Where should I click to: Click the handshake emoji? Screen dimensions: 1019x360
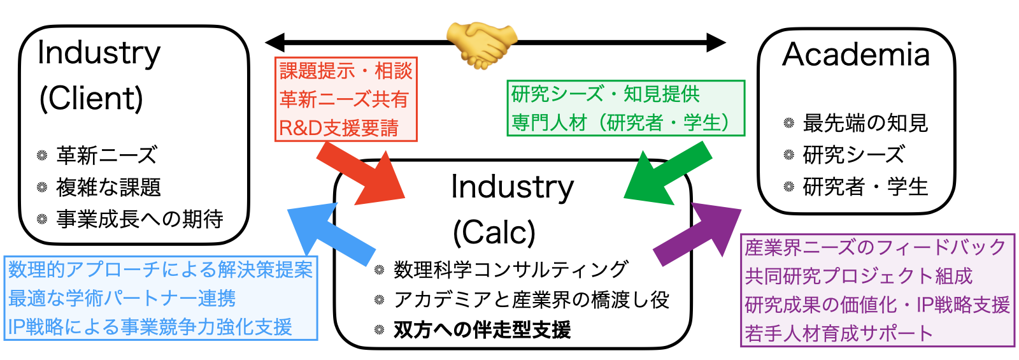pyautogui.click(x=481, y=45)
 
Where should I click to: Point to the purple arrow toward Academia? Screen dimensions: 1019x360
pyautogui.click(x=697, y=234)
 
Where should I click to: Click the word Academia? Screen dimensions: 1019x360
pyautogui.click(x=856, y=55)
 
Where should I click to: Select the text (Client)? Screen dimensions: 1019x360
pyautogui.click(x=91, y=98)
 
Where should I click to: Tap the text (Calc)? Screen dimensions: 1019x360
pyautogui.click(x=494, y=233)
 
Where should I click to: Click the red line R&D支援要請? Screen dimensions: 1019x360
pyautogui.click(x=339, y=128)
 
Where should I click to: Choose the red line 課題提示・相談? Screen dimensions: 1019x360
pyautogui.click(x=346, y=71)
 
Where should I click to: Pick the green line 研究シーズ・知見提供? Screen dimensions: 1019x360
pyautogui.click(x=606, y=94)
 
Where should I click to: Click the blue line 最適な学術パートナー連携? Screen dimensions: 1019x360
pyautogui.click(x=122, y=299)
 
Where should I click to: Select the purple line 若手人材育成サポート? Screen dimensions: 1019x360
pyautogui.click(x=838, y=334)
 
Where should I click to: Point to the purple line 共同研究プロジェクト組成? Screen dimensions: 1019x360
pyautogui.click(x=859, y=277)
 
